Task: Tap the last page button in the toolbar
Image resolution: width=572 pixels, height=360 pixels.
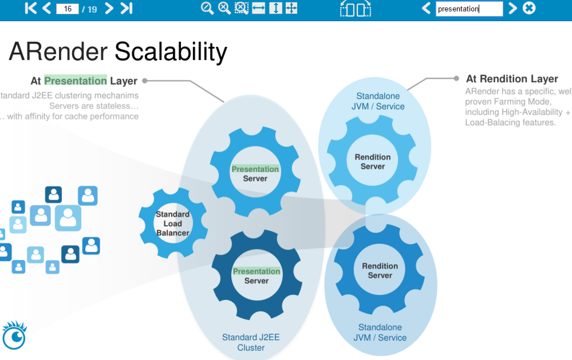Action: point(127,8)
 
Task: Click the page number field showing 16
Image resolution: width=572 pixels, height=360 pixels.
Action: point(68,9)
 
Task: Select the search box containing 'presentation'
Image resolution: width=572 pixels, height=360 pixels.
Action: point(469,9)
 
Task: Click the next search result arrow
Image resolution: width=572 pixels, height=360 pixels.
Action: point(513,8)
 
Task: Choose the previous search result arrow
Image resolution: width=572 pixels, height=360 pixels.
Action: point(426,8)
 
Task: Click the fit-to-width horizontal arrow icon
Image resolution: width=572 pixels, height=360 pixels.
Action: point(259,8)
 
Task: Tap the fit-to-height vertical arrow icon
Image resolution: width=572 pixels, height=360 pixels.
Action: point(275,8)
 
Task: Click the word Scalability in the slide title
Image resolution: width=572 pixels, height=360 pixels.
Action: point(171,52)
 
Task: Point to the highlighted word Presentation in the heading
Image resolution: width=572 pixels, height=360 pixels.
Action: point(76,81)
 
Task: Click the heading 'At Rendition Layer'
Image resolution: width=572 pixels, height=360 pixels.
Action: point(512,79)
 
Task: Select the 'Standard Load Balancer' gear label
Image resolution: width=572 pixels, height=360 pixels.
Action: point(172,224)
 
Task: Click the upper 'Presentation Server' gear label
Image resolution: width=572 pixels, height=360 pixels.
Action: point(255,173)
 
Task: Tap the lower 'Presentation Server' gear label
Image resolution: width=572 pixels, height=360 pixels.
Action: point(257,276)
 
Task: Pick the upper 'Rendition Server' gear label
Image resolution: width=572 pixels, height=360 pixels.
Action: point(373,161)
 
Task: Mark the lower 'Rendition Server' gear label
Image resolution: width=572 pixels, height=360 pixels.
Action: point(380,271)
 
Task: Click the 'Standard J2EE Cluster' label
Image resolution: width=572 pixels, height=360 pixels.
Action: point(251,342)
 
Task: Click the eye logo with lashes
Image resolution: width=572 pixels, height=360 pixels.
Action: point(15,336)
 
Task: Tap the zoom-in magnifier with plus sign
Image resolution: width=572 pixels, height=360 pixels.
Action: point(224,8)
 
